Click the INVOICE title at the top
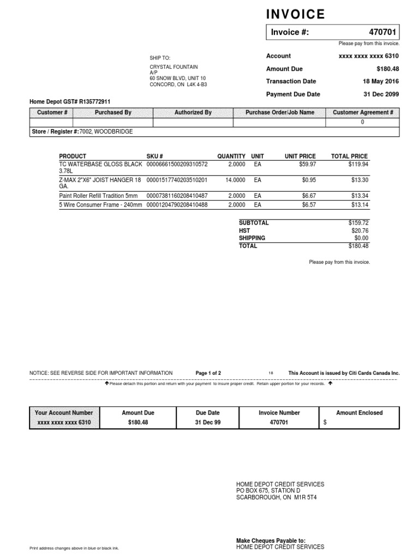(x=295, y=14)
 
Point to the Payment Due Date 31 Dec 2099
(x=381, y=94)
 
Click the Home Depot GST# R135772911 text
(x=69, y=101)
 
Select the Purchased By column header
(x=113, y=112)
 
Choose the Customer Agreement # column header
(x=363, y=112)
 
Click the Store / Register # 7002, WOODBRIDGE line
(x=81, y=131)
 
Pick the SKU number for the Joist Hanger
(x=177, y=179)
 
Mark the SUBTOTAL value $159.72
(x=358, y=223)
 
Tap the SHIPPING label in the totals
(x=252, y=238)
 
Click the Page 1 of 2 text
(x=208, y=373)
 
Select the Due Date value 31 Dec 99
(x=207, y=422)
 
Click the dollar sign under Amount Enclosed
(x=325, y=422)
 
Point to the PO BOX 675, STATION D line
(x=268, y=490)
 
